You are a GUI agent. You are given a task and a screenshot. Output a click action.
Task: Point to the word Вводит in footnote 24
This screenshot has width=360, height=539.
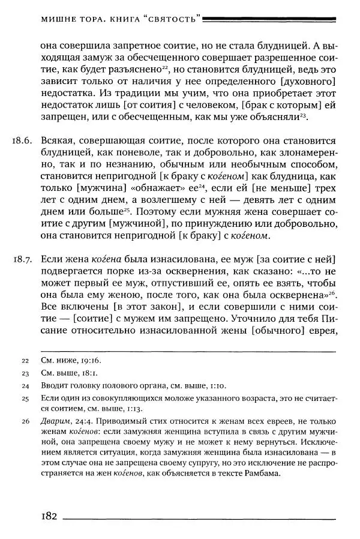[x=55, y=385]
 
